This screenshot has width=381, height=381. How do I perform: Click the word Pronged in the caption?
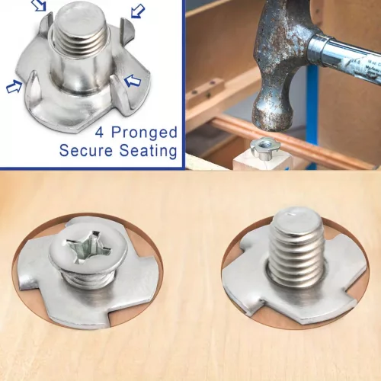pyautogui.click(x=144, y=133)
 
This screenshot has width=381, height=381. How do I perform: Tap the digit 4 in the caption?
pyautogui.click(x=99, y=132)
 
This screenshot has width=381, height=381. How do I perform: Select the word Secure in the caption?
pyautogui.click(x=86, y=150)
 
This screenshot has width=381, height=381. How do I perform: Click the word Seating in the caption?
pyautogui.click(x=149, y=151)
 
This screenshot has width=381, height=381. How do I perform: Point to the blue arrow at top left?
pyautogui.click(x=40, y=5)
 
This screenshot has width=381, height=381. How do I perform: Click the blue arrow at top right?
pyautogui.click(x=137, y=11)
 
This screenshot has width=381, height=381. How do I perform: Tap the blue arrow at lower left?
pyautogui.click(x=14, y=86)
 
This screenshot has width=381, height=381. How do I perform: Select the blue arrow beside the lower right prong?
pyautogui.click(x=133, y=82)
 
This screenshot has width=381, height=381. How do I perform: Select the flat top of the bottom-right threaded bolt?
pyautogui.click(x=298, y=221)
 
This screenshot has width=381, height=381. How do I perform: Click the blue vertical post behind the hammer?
pyautogui.click(x=310, y=109)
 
